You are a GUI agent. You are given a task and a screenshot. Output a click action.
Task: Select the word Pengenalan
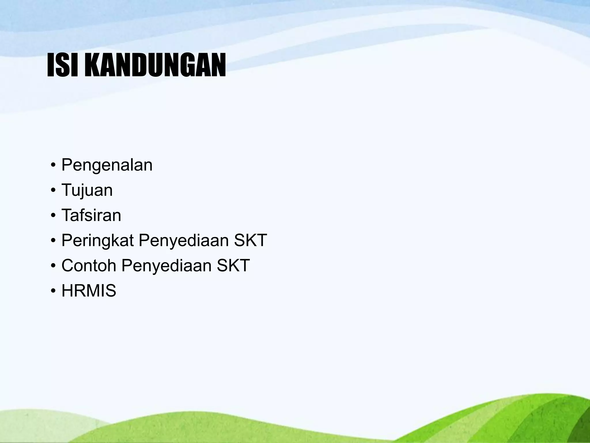coord(107,166)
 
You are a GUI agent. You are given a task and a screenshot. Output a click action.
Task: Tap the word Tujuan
coord(87,191)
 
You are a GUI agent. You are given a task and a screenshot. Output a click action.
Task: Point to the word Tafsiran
coord(91,215)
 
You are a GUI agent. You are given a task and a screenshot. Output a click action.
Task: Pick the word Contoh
coord(89,265)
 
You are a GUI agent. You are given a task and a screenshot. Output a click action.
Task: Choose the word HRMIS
coord(89,290)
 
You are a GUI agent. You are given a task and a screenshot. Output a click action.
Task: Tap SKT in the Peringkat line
coord(250,240)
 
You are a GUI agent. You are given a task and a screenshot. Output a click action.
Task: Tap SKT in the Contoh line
coord(233,265)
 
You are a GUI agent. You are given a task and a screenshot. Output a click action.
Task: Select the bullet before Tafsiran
coord(53,216)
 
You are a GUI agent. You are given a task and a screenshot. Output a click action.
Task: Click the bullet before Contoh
coord(53,266)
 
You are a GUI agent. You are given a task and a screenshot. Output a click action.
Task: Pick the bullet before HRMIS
coord(53,291)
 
